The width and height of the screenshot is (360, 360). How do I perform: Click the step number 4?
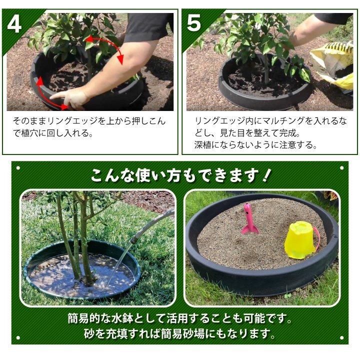coord(14,23)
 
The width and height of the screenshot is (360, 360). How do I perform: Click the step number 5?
coord(194,22)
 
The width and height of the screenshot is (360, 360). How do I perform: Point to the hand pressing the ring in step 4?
coord(70,98)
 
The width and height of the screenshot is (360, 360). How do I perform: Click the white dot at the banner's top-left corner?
coord(18,168)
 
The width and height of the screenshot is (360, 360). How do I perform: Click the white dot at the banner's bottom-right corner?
coord(341,337)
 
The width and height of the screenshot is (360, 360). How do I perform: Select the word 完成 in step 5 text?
coord(287,133)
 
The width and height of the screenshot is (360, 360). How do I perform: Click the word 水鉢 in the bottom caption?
coord(123,318)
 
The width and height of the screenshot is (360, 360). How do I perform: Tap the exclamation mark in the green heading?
coord(266,175)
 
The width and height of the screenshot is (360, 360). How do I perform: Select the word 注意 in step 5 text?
coord(287,145)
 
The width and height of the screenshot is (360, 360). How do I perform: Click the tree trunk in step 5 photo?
coord(266,69)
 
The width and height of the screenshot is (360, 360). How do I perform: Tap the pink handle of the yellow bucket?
coord(315,237)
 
